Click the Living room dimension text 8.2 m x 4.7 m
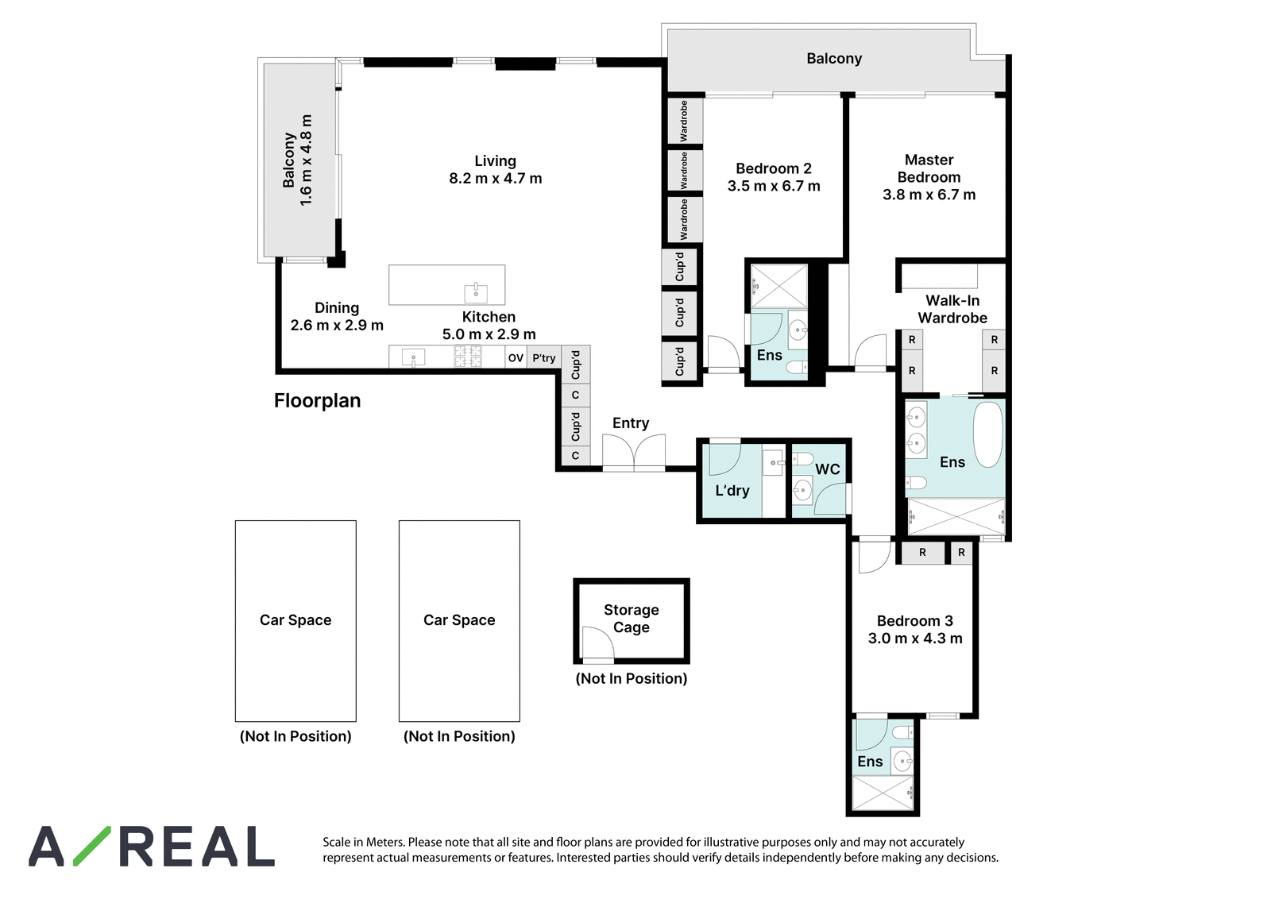496,179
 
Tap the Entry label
631,423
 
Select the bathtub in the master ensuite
988,434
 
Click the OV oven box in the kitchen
516,357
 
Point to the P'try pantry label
543,358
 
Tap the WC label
827,469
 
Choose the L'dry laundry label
732,491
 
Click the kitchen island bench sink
476,293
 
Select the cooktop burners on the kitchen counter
468,357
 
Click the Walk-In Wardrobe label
952,309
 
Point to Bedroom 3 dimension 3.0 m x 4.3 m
915,639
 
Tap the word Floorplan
317,400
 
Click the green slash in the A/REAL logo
92,846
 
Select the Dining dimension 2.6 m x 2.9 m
337,326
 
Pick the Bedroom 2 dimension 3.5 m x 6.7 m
774,186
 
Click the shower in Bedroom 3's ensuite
883,793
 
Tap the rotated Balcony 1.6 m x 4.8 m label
297,160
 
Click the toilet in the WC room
803,458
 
